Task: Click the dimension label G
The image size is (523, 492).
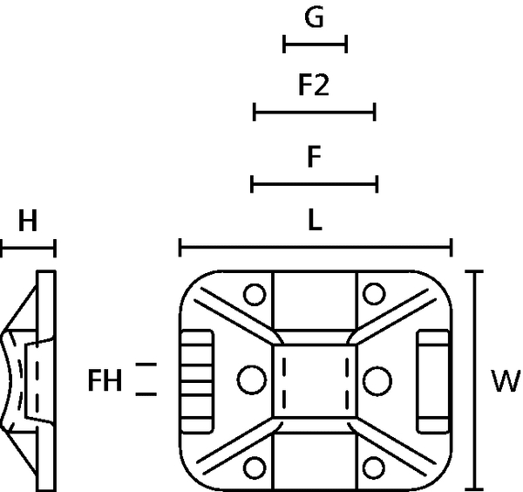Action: click(x=316, y=17)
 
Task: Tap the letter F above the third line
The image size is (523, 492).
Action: click(x=316, y=158)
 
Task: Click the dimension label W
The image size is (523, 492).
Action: click(x=506, y=380)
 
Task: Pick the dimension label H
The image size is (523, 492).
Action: click(x=28, y=222)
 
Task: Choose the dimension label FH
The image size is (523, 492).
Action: click(x=105, y=380)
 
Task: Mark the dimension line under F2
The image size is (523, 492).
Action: click(x=314, y=112)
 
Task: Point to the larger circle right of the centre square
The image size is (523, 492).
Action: click(x=377, y=379)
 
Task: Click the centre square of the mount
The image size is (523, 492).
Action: click(x=315, y=379)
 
